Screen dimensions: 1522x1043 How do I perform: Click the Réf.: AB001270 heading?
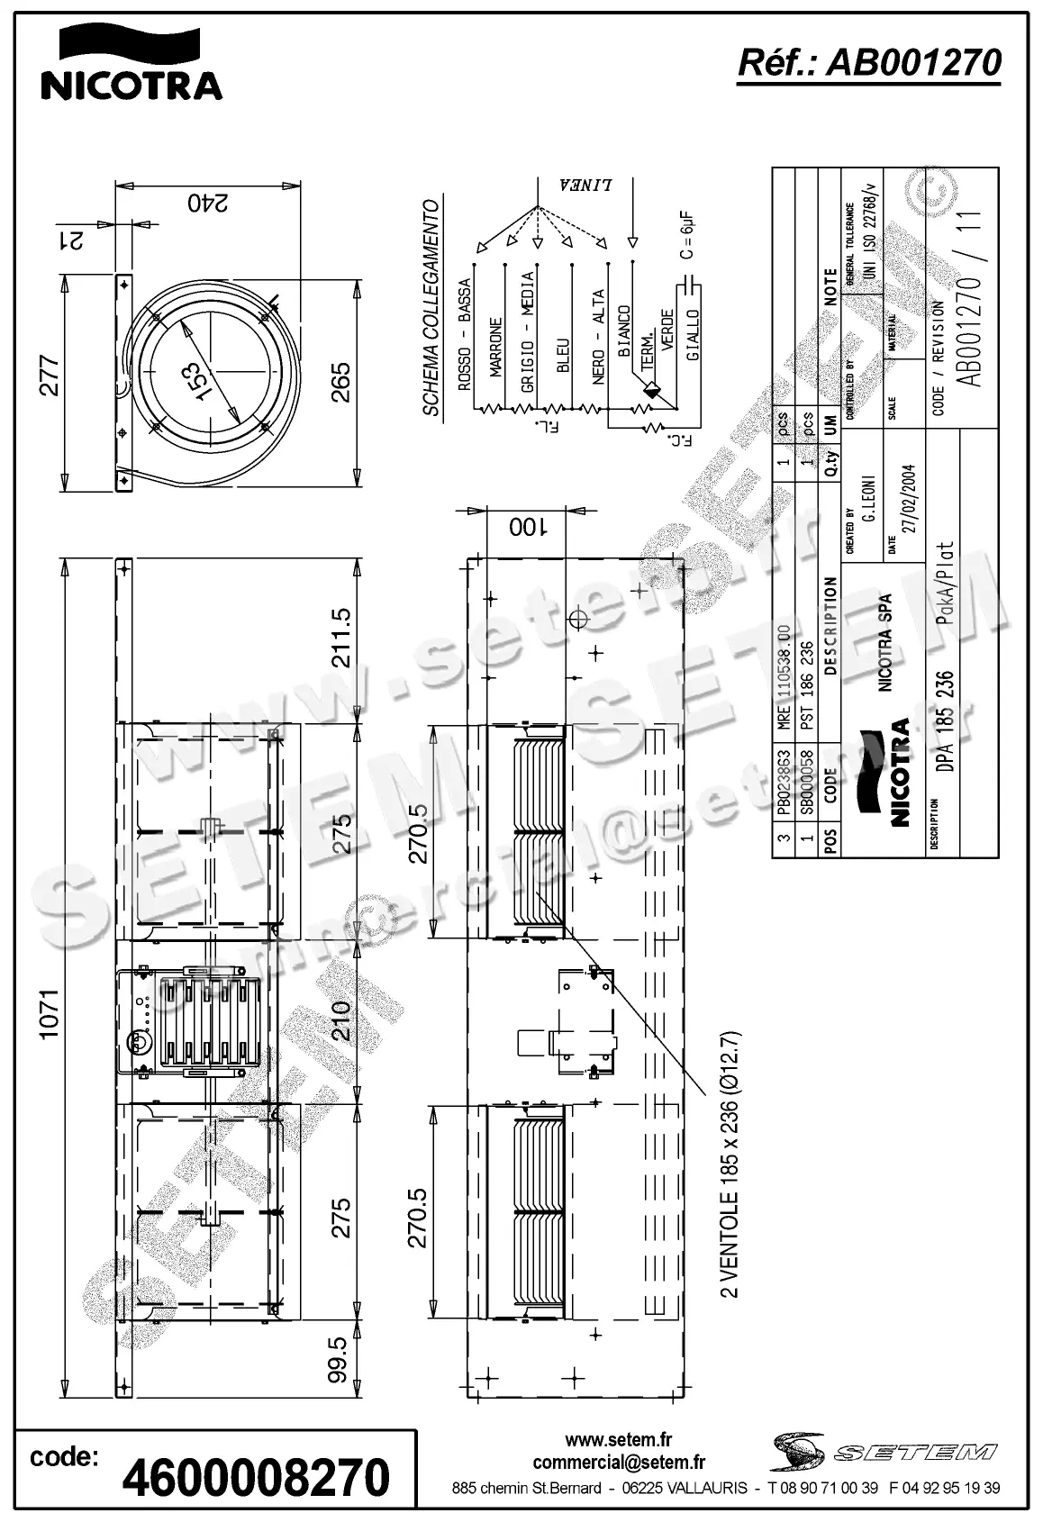(x=868, y=63)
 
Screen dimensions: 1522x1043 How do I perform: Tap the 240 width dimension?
(x=208, y=203)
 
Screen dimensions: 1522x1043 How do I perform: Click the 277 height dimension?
(x=50, y=376)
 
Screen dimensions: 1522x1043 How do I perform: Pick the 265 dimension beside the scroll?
(x=340, y=383)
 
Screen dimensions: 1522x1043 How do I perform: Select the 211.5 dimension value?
(x=341, y=638)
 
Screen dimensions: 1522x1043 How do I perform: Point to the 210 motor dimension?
(x=340, y=1020)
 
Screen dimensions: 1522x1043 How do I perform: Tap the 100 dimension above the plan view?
(x=527, y=527)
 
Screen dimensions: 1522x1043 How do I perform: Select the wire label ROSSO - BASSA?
(x=465, y=335)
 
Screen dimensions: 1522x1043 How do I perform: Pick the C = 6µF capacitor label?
(x=687, y=236)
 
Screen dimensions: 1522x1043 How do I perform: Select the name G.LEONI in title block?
(x=870, y=500)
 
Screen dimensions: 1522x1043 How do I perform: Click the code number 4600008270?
(x=256, y=1477)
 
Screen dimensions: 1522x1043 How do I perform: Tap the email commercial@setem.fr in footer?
(x=619, y=1463)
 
